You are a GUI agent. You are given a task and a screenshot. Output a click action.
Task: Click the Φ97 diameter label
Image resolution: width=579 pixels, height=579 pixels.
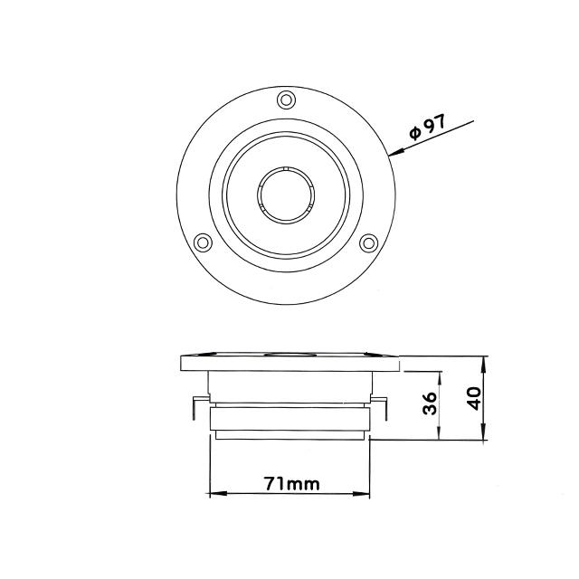[x=428, y=128]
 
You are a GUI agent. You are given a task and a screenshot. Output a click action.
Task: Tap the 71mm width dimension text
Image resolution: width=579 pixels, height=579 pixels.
[x=291, y=483]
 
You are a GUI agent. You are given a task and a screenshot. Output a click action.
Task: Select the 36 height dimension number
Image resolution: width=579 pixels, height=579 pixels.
[x=430, y=403]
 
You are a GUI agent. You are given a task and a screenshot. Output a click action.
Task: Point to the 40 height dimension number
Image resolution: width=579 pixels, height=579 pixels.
[x=474, y=398]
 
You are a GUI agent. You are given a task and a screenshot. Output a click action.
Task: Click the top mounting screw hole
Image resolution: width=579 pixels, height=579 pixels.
[x=286, y=100]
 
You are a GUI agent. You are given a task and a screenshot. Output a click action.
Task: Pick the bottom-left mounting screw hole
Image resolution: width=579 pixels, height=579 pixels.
[x=203, y=242]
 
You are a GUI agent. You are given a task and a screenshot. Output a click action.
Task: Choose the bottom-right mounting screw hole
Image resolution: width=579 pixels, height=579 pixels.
[x=368, y=243]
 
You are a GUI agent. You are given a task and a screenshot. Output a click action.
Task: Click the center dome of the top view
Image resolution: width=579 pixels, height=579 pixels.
[x=286, y=195]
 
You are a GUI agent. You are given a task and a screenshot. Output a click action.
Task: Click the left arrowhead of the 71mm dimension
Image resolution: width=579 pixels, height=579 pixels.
[x=218, y=494]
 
